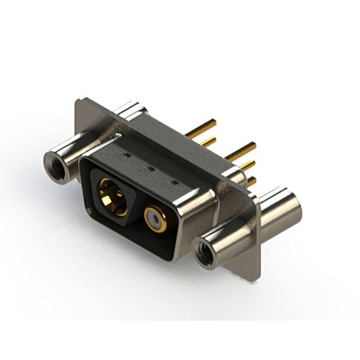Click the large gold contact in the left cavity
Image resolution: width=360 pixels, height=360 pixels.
(112, 197)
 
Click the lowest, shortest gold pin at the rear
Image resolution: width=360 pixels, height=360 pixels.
(251, 181)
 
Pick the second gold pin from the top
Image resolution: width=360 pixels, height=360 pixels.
(208, 141)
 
